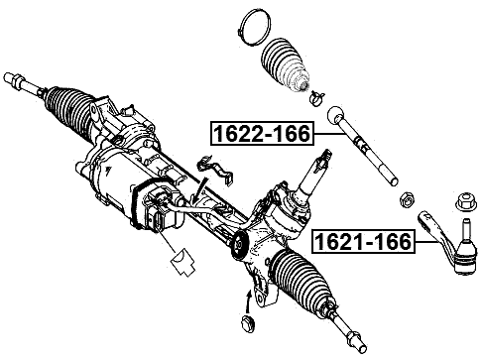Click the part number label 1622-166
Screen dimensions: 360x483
[260, 133]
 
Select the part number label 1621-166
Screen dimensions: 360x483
[360, 241]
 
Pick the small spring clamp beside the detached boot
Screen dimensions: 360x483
[316, 96]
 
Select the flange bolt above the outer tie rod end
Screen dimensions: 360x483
[461, 201]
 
